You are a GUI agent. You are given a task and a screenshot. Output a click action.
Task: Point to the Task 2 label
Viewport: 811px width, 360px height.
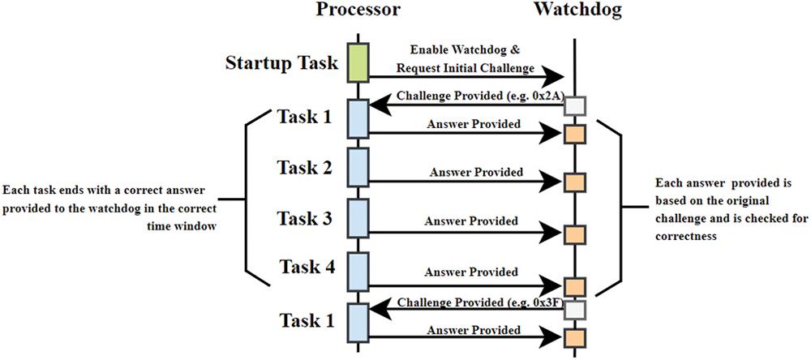[x=304, y=168]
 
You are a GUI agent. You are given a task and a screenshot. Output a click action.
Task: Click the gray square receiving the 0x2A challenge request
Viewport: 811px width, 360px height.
[x=574, y=106]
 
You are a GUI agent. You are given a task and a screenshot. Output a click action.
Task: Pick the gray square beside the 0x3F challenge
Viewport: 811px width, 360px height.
[x=574, y=310]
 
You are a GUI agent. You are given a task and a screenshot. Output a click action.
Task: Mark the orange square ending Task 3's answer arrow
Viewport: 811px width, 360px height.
[x=574, y=235]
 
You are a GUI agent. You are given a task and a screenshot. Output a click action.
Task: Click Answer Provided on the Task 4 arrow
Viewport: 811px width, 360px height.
[x=472, y=272]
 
